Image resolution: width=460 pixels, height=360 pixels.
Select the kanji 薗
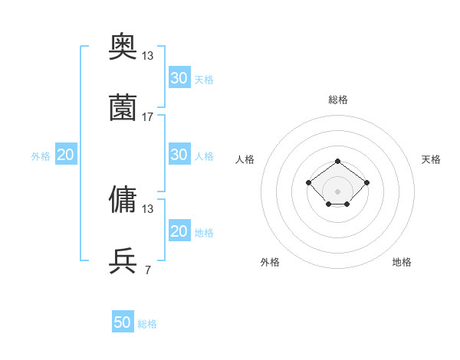point(123,107)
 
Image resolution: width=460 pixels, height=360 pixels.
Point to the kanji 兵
point(123,260)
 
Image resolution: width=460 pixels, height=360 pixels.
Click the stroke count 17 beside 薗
point(148,116)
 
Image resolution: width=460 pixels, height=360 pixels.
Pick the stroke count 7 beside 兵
point(147,270)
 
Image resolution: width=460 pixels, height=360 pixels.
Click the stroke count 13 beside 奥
point(148,55)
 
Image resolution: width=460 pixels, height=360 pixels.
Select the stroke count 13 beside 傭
point(148,208)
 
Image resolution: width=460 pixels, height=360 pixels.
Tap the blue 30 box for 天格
point(179,77)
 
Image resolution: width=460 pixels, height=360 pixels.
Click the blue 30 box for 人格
point(179,155)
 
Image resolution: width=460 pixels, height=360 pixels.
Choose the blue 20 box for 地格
point(179,231)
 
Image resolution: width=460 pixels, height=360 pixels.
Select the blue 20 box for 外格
point(65,155)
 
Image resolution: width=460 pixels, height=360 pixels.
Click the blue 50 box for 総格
point(123,322)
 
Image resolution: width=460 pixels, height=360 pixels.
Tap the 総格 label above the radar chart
point(337,100)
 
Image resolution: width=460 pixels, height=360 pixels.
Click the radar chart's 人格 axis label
point(245,159)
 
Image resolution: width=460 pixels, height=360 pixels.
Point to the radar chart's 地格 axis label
point(402,262)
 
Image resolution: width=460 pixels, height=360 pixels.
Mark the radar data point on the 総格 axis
point(337,161)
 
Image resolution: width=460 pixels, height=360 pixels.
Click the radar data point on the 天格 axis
point(366,182)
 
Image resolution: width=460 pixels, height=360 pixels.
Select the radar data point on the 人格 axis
point(308,182)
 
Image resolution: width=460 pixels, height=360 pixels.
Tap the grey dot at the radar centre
point(337,191)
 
